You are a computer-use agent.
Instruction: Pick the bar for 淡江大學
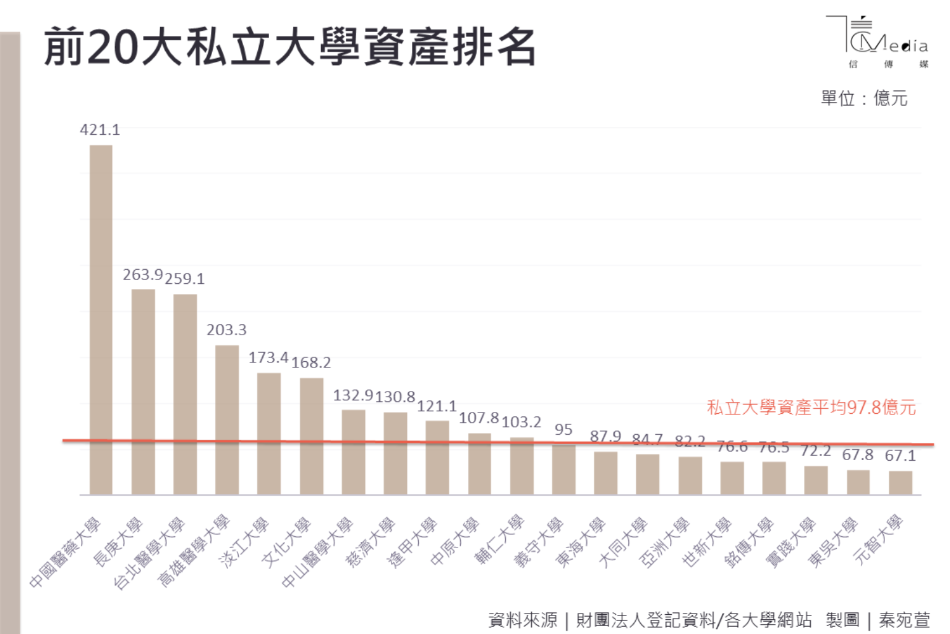coord(269,433)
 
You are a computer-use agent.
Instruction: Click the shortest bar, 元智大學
coord(900,482)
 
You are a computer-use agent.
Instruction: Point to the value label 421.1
coord(100,130)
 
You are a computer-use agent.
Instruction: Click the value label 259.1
coord(184,279)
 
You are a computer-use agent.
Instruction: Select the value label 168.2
coord(311,362)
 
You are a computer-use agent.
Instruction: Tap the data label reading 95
coord(563,429)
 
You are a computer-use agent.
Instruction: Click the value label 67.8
coord(857,455)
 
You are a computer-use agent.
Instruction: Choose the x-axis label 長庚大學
coord(119,542)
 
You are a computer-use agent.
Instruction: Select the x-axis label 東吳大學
coord(834,542)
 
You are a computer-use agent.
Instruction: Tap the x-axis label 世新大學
coord(708,542)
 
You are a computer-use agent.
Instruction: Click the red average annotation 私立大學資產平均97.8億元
coord(811,408)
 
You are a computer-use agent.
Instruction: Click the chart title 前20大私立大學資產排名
coord(289,47)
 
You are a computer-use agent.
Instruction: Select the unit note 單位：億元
coord(863,98)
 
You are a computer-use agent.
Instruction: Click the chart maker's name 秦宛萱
coord(904,620)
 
